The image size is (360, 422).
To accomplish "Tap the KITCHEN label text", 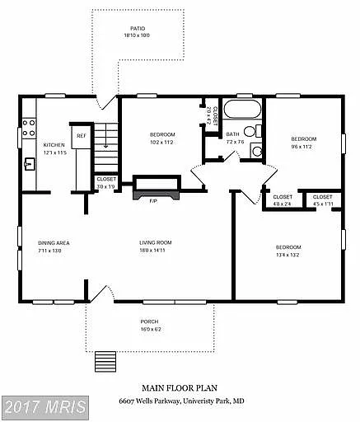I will pos(54,144).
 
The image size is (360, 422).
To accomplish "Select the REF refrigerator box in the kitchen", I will pos(81,136).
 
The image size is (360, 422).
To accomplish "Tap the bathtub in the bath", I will pos(242,110).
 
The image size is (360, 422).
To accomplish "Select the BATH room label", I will pos(233,134).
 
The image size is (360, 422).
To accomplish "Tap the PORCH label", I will pos(148,322).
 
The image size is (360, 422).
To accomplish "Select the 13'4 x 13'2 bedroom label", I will pos(288,247).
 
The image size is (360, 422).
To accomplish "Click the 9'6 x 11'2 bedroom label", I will pos(303,139).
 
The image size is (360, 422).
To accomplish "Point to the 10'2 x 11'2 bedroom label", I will pos(161,134).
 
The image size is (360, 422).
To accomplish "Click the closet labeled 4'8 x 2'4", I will pos(283,198).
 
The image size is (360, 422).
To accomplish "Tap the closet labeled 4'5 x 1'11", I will pos(322,198).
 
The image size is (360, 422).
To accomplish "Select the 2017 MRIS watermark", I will pos(44,408).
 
